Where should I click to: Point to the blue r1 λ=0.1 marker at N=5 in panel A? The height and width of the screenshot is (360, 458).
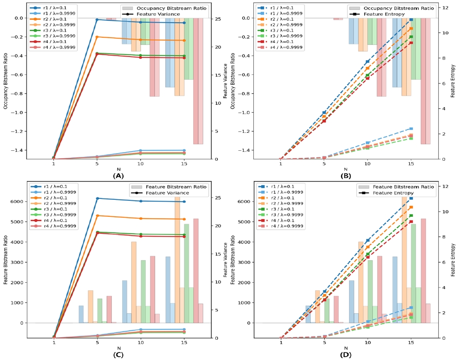(97, 20)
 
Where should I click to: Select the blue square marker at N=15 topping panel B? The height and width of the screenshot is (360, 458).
(411, 20)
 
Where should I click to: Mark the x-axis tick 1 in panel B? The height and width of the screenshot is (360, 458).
(281, 164)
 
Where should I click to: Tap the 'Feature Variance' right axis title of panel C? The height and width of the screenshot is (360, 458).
(225, 262)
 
